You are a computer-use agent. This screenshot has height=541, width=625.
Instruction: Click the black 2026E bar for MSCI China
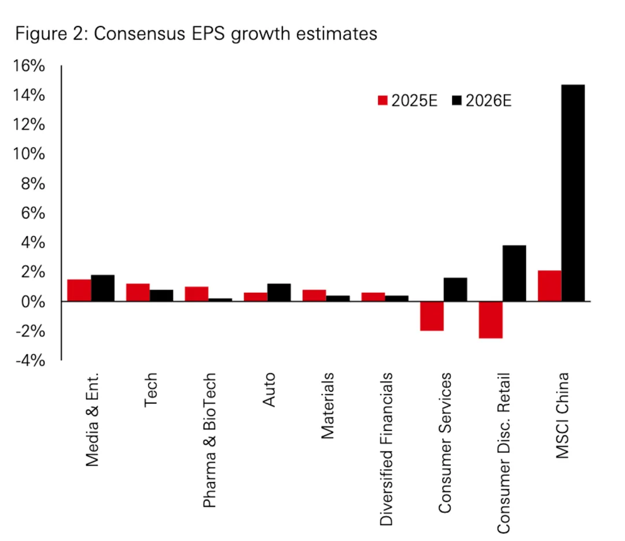(573, 193)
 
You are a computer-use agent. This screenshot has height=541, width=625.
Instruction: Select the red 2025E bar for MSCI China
(549, 286)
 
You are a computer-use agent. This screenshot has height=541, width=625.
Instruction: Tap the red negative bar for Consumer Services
(432, 316)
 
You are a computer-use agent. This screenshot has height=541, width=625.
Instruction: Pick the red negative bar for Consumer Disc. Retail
(491, 319)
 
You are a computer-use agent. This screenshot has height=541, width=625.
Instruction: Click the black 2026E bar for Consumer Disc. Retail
(514, 273)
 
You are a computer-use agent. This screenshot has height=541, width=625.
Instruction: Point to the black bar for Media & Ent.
(102, 288)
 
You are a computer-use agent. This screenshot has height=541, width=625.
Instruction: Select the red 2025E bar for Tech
(138, 292)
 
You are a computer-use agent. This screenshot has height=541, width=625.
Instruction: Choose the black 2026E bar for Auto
(279, 292)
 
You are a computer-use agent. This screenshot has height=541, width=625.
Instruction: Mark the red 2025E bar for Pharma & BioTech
(197, 294)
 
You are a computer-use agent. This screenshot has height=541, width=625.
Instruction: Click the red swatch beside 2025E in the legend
(383, 101)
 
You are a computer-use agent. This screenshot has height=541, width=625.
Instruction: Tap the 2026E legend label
(489, 101)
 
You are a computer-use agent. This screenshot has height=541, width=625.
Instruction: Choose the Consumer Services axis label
(445, 443)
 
